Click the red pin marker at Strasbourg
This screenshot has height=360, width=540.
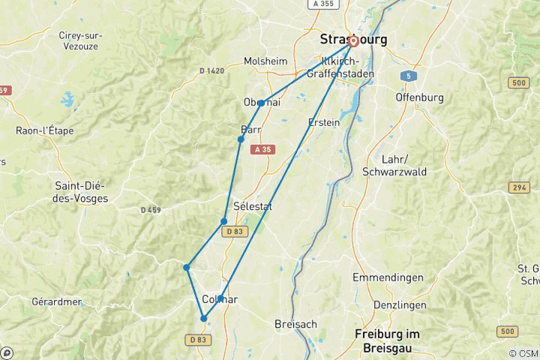pyautogui.click(x=352, y=42)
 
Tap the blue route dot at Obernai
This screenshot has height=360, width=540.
pyautogui.click(x=261, y=103)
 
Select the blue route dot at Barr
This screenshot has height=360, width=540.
pyautogui.click(x=241, y=139)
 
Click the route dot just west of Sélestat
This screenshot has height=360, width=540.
pyautogui.click(x=224, y=221)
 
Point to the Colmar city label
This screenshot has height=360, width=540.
pyautogui.click(x=220, y=299)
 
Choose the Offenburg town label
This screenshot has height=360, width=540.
pyautogui.click(x=419, y=97)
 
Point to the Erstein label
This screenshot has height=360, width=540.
pyautogui.click(x=324, y=122)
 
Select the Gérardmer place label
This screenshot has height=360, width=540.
pyautogui.click(x=57, y=301)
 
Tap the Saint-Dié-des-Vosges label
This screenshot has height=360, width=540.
pyautogui.click(x=82, y=192)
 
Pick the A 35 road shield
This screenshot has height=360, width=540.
pyautogui.click(x=262, y=150)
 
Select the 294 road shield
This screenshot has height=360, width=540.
pyautogui.click(x=518, y=187)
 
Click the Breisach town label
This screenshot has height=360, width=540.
pyautogui.click(x=296, y=324)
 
